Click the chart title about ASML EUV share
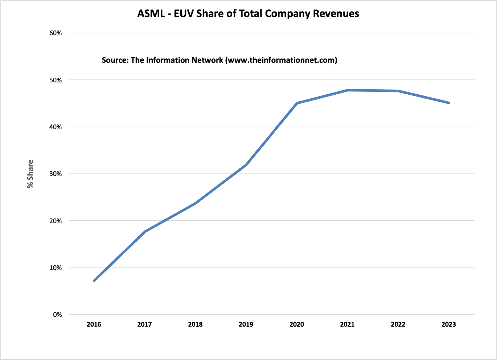248,14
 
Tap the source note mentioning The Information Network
219,60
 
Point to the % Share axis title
30,174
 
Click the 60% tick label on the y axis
56,33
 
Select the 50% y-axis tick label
56,80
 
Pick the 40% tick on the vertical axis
56,127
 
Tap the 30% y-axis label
56,174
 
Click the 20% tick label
56,221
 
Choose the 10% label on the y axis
56,268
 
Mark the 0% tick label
57,315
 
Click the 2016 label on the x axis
94,324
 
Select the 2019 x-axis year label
246,324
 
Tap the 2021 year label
347,324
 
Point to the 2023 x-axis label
449,324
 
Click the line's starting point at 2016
94,281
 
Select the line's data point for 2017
145,232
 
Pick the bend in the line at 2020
297,103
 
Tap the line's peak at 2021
348,90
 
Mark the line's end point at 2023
449,103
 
